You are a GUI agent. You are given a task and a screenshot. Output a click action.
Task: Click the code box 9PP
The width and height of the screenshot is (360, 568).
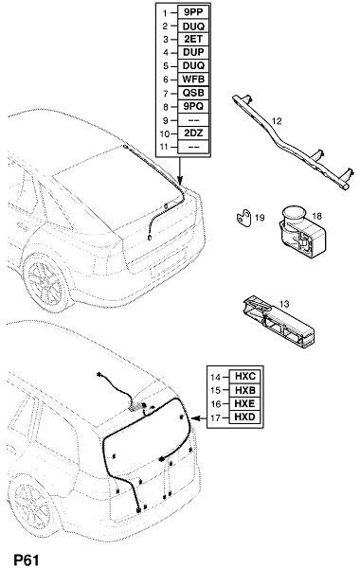click(x=193, y=12)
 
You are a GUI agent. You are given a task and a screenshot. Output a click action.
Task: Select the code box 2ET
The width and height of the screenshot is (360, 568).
click(x=193, y=39)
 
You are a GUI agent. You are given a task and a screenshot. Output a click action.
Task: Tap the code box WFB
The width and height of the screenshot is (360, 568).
click(x=193, y=80)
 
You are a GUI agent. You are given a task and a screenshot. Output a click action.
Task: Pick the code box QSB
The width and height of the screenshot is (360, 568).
click(x=193, y=93)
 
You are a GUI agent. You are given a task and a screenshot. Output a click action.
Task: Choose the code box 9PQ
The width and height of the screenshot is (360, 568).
click(x=193, y=106)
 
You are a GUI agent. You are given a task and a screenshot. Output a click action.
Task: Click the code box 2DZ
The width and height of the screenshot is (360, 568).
click(x=193, y=133)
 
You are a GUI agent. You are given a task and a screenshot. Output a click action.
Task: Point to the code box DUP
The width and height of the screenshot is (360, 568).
click(x=193, y=52)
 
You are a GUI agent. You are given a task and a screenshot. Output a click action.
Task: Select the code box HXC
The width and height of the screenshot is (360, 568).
click(x=245, y=377)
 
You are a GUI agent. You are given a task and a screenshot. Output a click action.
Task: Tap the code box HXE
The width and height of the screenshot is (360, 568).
click(x=245, y=404)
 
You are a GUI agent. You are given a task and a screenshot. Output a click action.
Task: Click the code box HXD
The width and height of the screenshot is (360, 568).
click(x=245, y=417)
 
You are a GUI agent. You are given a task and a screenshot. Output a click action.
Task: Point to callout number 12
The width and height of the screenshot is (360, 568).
click(x=277, y=121)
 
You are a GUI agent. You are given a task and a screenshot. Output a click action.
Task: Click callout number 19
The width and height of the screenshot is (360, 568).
click(x=260, y=218)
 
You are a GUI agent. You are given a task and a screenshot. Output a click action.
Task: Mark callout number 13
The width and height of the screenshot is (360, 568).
click(x=284, y=304)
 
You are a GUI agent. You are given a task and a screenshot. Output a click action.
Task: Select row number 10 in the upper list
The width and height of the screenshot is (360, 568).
click(x=165, y=133)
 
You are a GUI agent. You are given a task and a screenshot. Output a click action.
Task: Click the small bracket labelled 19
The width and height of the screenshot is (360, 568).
click(x=243, y=218)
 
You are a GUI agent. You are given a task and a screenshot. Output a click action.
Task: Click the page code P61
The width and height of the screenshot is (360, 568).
click(x=27, y=560)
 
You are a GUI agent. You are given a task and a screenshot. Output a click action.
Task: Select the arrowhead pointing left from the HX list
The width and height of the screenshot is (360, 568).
click(x=196, y=418)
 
